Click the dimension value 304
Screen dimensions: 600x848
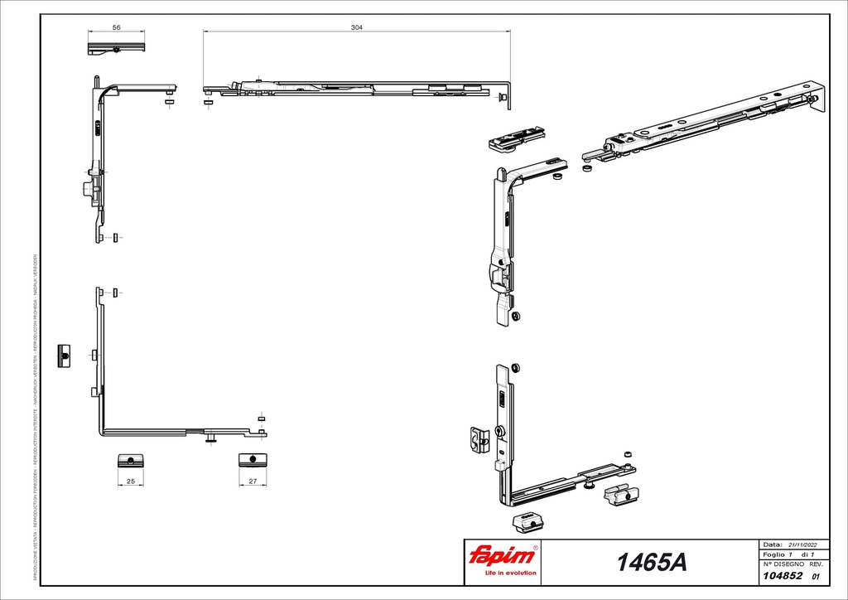(357, 27)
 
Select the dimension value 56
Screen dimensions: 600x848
(117, 27)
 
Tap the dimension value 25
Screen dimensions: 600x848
(130, 481)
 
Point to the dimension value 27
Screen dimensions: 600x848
(253, 481)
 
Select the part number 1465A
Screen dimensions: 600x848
(651, 563)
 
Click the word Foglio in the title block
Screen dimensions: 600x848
(773, 554)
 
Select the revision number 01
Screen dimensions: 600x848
(816, 576)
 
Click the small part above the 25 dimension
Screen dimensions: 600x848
(130, 460)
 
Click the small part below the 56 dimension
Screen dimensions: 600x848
(117, 49)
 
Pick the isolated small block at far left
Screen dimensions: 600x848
(64, 355)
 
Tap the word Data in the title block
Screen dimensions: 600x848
(771, 544)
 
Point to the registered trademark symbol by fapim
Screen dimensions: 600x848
(536, 549)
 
